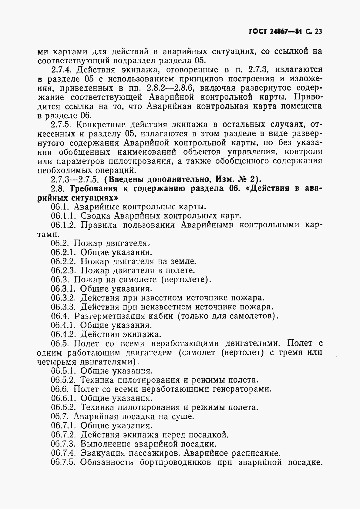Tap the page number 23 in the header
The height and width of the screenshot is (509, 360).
click(x=318, y=32)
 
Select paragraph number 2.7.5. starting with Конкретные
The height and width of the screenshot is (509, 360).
click(x=62, y=125)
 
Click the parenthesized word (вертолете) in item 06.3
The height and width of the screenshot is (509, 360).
click(x=186, y=280)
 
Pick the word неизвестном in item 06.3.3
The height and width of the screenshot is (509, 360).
click(x=158, y=307)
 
